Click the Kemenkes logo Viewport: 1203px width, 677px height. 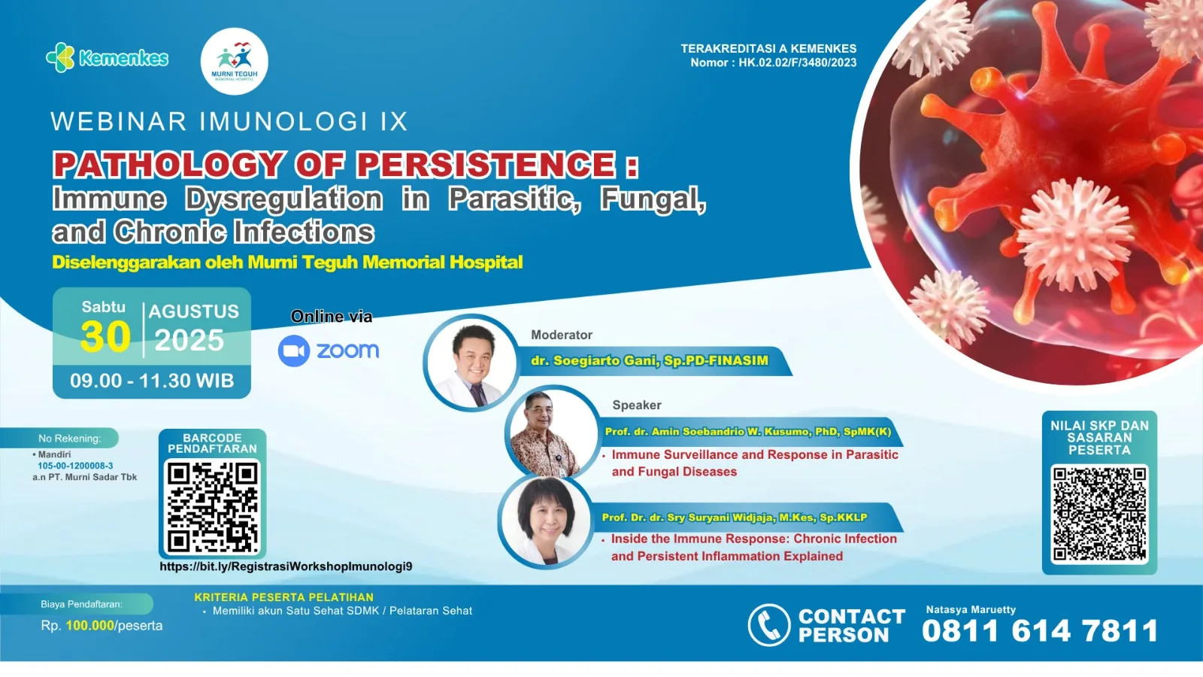108,57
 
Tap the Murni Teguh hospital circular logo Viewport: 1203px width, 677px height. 234,61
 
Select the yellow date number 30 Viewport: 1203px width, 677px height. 105,337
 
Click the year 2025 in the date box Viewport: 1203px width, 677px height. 189,340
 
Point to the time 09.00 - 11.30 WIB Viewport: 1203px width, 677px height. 152,381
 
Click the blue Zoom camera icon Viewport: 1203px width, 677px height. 294,351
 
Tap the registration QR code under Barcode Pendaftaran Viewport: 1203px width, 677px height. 213,507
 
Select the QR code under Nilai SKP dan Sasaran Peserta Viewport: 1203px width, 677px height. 1099,515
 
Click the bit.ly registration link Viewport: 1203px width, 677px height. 286,566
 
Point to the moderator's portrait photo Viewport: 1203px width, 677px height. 471,363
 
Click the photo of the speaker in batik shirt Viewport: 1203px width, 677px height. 552,433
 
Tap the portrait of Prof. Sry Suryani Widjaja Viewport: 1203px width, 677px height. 545,521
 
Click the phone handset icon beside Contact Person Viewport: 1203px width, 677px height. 769,625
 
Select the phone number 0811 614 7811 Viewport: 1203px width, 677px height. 1040,630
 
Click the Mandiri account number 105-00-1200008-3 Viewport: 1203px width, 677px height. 75,466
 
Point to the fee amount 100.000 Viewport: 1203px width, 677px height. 89,625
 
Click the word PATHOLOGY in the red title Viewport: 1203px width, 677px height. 168,164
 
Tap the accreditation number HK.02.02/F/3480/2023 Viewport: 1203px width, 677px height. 798,62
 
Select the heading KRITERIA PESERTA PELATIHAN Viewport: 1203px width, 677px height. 283,597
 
